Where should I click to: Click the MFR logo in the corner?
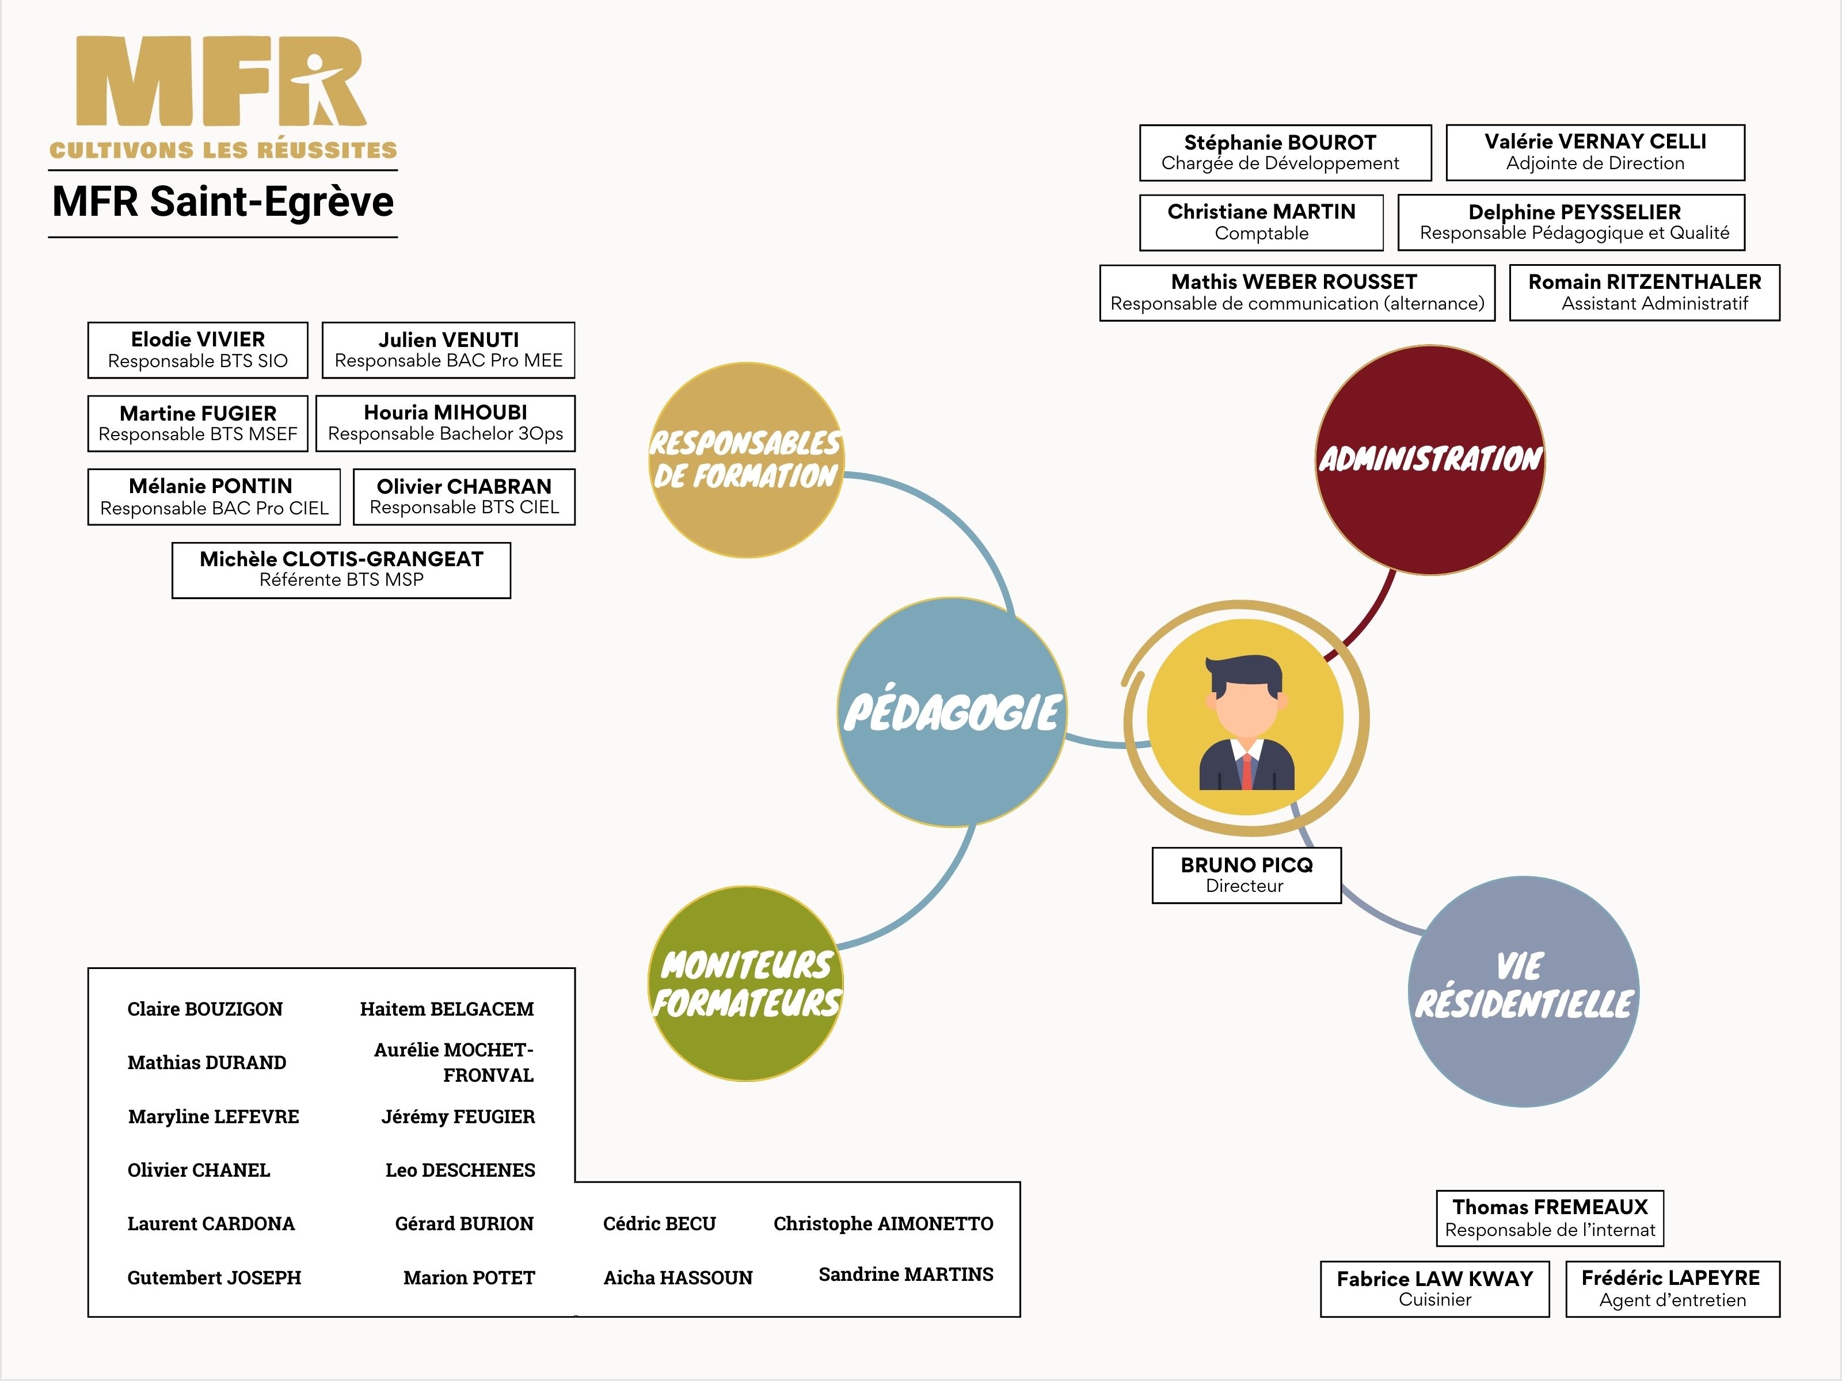point(222,96)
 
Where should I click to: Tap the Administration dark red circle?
point(1430,460)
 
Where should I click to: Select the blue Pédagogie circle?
point(952,712)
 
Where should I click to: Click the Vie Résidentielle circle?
point(1523,991)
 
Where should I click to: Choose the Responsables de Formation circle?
point(746,460)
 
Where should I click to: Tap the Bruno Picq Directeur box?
point(1246,875)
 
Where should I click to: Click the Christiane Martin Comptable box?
point(1261,222)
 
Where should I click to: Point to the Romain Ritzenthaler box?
point(1644,292)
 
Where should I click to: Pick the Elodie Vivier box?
point(197,350)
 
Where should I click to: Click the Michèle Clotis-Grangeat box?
point(341,570)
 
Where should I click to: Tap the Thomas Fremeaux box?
point(1549,1218)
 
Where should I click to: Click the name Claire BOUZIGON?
point(205,1009)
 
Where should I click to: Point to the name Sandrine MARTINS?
point(905,1275)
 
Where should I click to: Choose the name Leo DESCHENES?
point(460,1170)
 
